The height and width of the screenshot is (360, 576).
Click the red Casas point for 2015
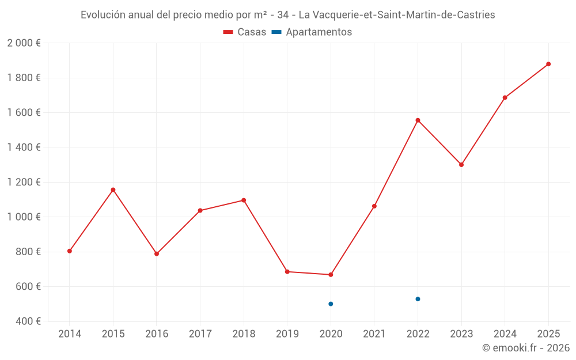[x=113, y=190]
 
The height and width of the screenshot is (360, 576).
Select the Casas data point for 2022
[x=418, y=120]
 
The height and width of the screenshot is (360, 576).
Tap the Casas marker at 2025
[x=548, y=64]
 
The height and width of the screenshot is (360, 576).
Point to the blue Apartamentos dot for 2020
[x=331, y=304]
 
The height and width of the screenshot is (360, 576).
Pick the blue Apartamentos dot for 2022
[x=418, y=299]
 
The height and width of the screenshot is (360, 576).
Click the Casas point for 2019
[x=287, y=271]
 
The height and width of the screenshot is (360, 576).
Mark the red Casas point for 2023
[x=461, y=165]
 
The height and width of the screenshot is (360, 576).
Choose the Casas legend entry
[x=245, y=32]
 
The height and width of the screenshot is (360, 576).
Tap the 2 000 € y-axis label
[x=24, y=43]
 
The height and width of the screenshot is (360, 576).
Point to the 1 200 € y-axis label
[x=24, y=182]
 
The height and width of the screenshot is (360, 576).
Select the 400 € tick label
[x=27, y=321]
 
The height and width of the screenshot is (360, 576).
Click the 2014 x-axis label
[x=70, y=334]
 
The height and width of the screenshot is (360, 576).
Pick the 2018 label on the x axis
[x=244, y=334]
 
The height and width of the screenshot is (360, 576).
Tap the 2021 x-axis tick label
[x=374, y=334]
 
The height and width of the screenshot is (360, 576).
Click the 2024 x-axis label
[x=505, y=334]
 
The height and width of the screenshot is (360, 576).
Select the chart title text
[x=287, y=15]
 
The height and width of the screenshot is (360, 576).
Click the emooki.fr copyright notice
[x=525, y=348]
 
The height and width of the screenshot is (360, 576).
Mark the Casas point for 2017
[x=200, y=210]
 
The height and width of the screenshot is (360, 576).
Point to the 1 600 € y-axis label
[x=24, y=112]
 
